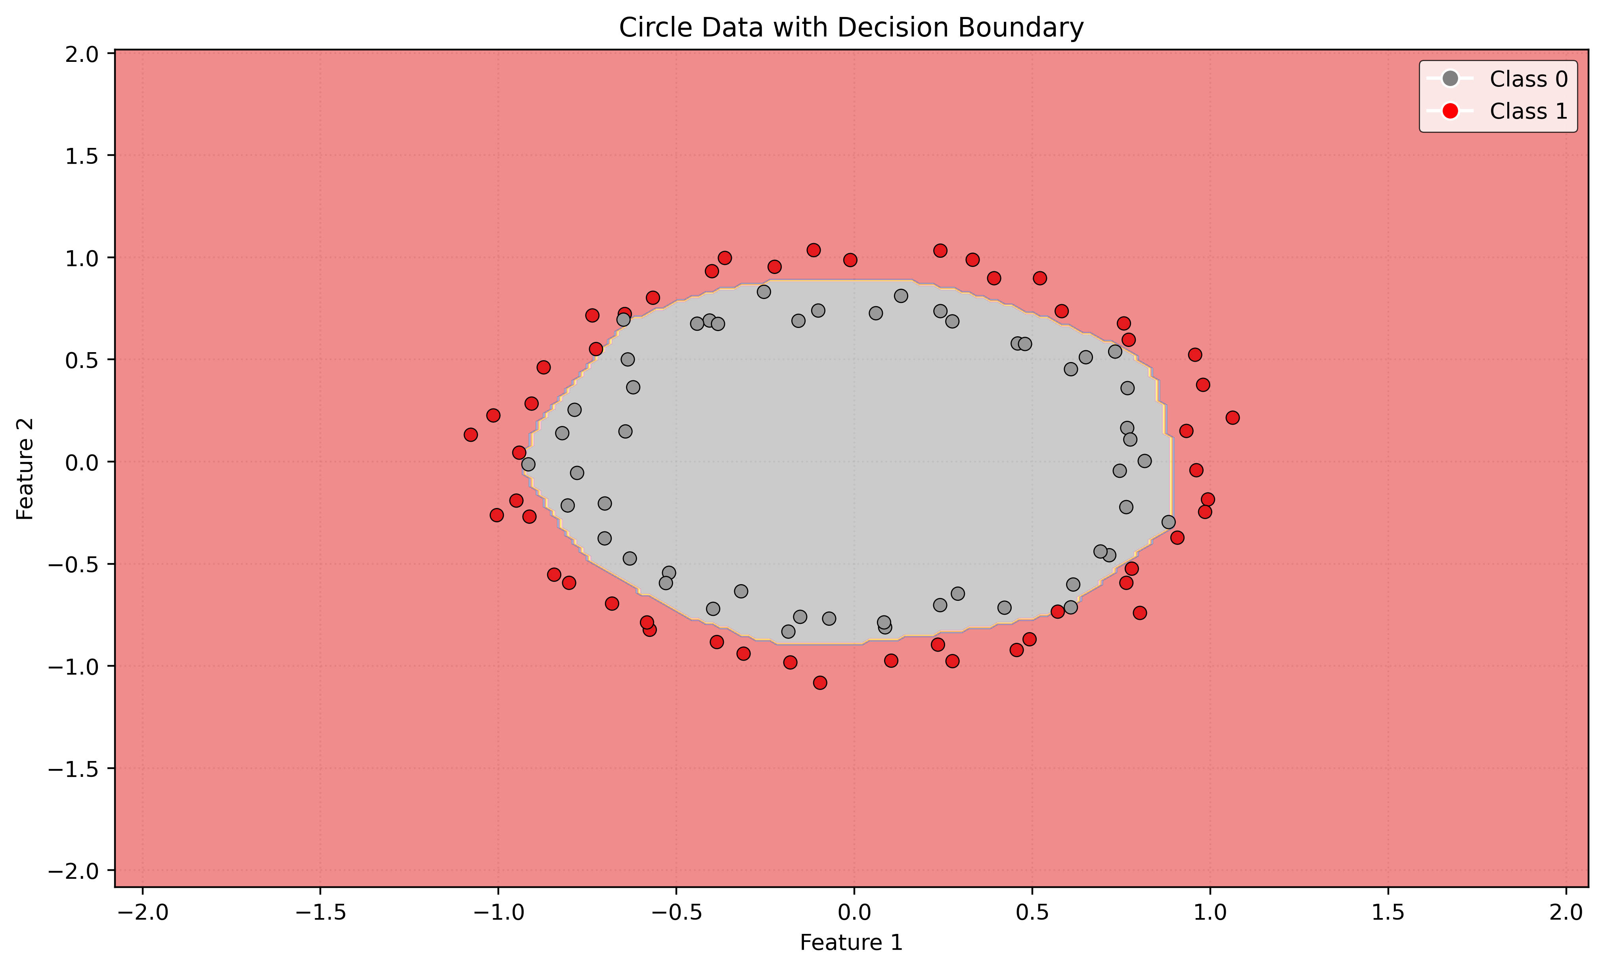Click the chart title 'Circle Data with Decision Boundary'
851,28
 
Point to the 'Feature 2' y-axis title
25,469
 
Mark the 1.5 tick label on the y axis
81,155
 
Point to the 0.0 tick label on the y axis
81,462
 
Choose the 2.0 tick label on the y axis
81,54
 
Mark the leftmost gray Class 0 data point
528,464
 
